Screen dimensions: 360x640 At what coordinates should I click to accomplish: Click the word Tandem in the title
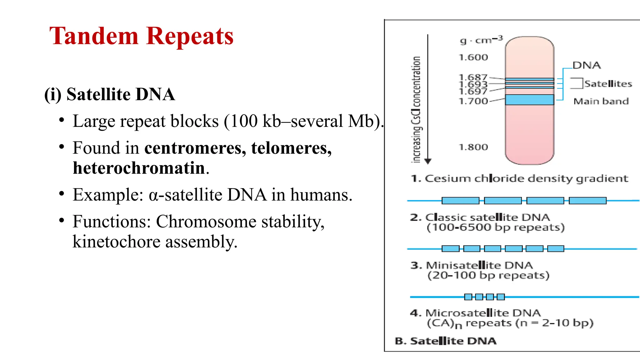click(x=94, y=36)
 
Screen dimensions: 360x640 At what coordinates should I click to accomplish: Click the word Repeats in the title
click(x=190, y=36)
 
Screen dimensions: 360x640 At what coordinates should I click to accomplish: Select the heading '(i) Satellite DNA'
click(x=109, y=94)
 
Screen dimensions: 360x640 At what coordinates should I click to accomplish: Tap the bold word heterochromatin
click(x=139, y=168)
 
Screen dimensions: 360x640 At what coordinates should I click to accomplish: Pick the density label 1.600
click(x=473, y=57)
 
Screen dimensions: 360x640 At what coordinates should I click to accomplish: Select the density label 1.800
click(x=473, y=147)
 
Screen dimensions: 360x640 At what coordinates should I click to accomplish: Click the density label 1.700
click(x=473, y=101)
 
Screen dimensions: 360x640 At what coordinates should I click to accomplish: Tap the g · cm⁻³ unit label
click(x=481, y=40)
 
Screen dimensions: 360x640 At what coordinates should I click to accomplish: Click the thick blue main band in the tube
click(x=529, y=100)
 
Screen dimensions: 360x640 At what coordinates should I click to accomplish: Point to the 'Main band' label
click(x=601, y=101)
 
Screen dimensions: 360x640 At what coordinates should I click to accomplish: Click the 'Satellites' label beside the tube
click(x=608, y=84)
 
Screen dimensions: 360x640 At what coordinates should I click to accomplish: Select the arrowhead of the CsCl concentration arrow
click(x=428, y=161)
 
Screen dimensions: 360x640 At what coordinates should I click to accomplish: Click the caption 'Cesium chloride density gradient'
click(x=526, y=178)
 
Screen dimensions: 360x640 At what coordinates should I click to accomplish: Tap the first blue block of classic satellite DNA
click(x=460, y=201)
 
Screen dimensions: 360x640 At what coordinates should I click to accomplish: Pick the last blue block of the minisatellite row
click(x=556, y=249)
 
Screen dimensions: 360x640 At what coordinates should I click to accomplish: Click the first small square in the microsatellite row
click(x=468, y=297)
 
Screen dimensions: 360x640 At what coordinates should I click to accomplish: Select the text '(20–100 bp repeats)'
click(x=488, y=275)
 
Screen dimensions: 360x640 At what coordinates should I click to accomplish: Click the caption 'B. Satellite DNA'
click(x=446, y=341)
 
